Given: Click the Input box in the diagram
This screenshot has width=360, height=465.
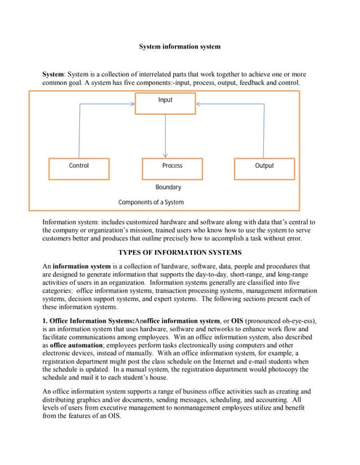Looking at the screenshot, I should coord(165,100).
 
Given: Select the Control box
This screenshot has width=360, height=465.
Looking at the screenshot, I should coord(79,166).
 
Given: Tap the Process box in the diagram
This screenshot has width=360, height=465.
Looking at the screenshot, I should coord(172,166).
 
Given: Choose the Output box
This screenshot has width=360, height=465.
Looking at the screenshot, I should coord(265,166).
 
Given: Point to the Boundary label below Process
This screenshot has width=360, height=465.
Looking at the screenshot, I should coord(169,187).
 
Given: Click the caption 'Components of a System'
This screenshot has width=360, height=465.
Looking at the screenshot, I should coord(151,203).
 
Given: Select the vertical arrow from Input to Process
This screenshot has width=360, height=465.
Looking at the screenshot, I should coord(166,133).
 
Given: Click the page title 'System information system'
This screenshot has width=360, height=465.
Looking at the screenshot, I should coord(180,47).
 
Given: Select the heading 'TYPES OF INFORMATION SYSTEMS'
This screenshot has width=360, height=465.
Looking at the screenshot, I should coord(179,252).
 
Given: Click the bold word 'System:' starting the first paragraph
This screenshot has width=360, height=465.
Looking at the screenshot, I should coord(55,75).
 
